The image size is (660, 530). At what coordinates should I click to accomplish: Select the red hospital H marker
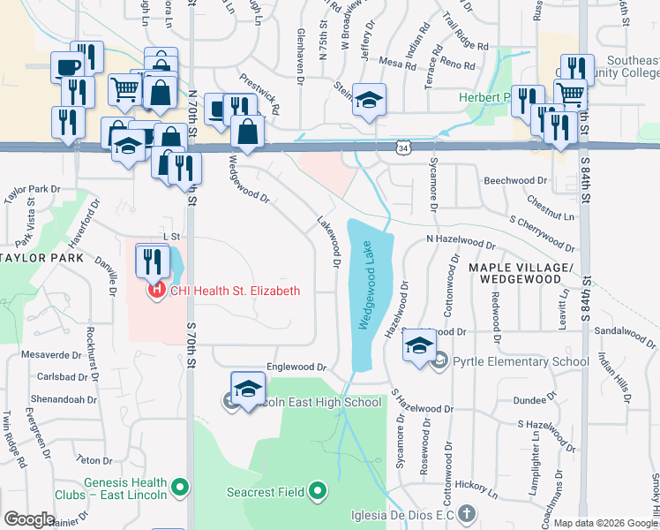(157, 289)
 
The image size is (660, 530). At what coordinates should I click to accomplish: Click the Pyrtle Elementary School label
(521, 361)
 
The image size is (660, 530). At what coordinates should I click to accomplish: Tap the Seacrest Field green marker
(318, 491)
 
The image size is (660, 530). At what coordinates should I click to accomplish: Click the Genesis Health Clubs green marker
(181, 486)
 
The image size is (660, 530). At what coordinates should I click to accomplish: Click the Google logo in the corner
(29, 519)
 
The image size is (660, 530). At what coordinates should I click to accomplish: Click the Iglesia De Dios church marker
(467, 512)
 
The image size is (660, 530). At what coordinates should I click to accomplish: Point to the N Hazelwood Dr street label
(461, 240)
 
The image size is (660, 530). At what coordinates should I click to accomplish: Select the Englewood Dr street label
(296, 367)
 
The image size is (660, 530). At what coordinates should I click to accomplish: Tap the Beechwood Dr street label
(515, 181)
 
